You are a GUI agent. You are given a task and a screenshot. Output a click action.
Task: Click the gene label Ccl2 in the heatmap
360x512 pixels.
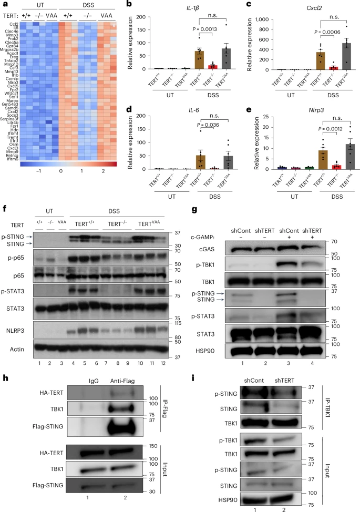(13, 24)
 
